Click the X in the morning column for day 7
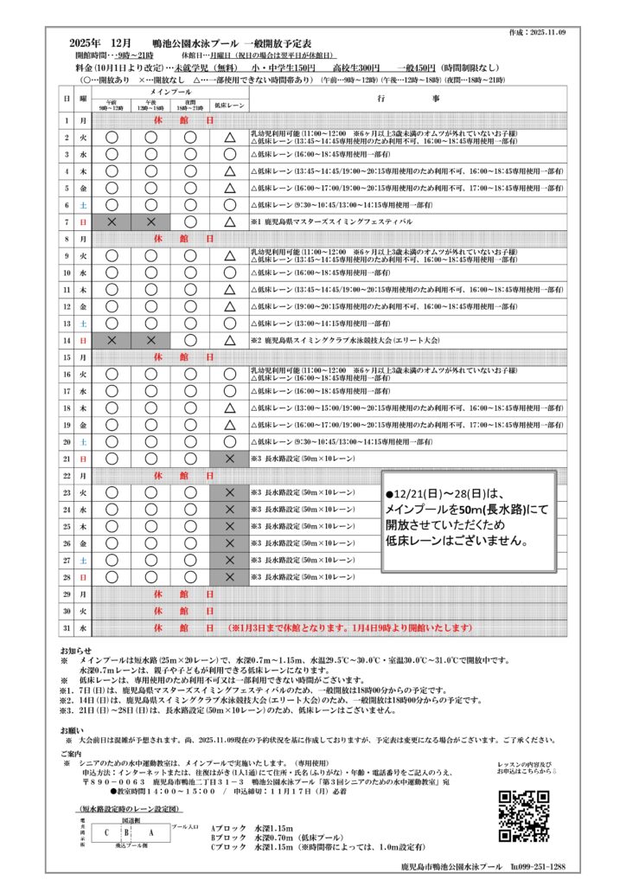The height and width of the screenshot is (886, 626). click(x=112, y=222)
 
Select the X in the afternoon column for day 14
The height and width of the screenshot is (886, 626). click(x=151, y=340)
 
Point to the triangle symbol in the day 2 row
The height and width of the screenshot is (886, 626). click(x=229, y=138)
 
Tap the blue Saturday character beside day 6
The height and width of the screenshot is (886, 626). click(x=84, y=205)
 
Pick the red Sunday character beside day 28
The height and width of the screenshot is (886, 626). click(x=84, y=575)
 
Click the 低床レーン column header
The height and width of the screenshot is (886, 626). click(x=229, y=105)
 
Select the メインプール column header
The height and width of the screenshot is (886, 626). click(x=170, y=91)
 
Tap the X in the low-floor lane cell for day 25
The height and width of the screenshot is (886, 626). click(x=229, y=525)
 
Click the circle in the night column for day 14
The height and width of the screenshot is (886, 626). click(x=190, y=340)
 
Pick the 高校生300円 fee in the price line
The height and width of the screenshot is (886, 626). click(x=356, y=67)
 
